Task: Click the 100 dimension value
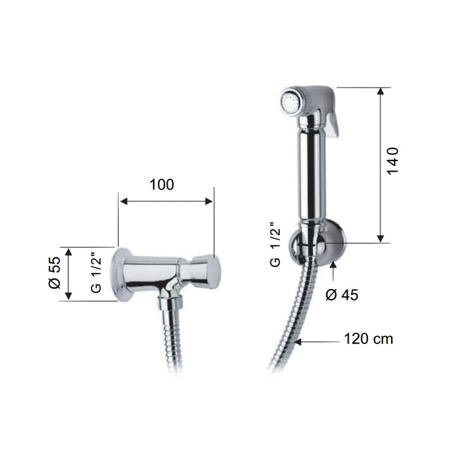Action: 162,185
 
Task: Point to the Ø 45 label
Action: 342,295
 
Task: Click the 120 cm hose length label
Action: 369,339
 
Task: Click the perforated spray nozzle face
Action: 289,100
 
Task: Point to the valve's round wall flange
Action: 122,274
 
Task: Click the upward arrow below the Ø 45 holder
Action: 333,271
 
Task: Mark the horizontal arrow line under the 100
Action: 166,202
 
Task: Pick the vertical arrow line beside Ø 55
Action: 70,274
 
